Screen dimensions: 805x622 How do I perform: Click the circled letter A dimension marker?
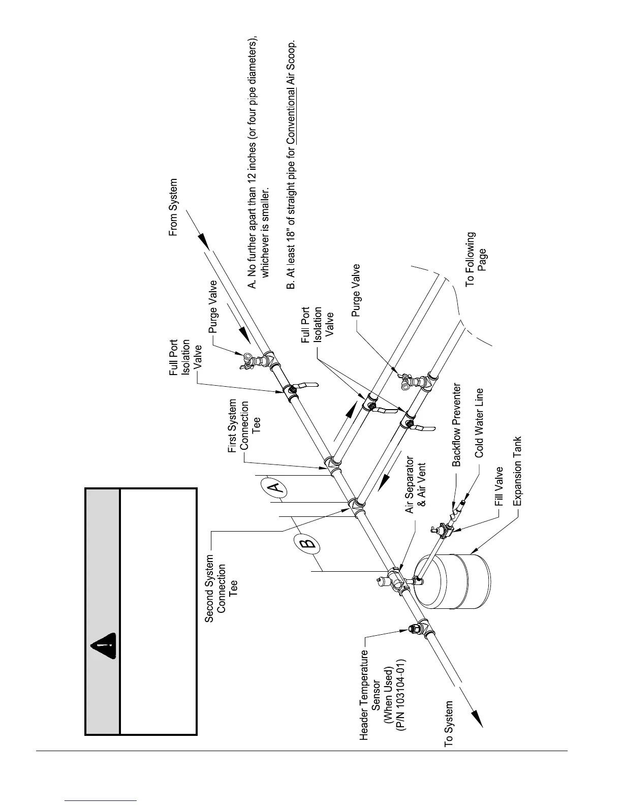[x=274, y=488]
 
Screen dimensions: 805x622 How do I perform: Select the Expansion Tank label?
[x=517, y=471]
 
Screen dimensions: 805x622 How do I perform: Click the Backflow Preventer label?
[x=457, y=425]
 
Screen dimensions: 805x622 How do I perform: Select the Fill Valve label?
[x=499, y=487]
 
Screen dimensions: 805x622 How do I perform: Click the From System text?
[x=174, y=206]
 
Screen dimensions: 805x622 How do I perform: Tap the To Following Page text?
[x=476, y=259]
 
